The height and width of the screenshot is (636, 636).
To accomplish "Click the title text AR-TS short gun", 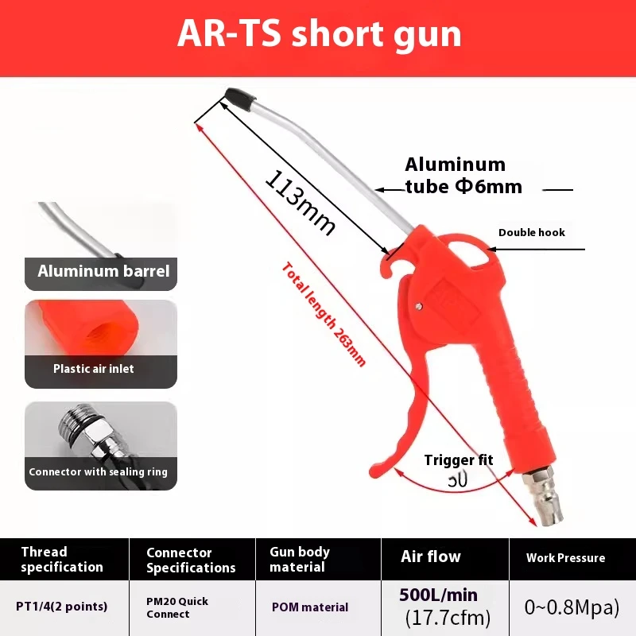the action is (319, 34).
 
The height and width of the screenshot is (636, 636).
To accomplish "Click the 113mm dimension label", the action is (300, 202).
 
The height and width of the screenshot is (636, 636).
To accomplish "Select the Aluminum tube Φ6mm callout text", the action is (463, 176).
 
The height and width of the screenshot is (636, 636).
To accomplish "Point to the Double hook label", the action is (531, 232).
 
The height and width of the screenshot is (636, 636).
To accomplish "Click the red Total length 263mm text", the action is (324, 313).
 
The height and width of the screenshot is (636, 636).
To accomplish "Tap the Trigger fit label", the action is (458, 460).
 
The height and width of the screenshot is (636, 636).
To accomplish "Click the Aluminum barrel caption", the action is (103, 271).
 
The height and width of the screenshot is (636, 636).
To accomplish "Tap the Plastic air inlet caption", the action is (93, 368).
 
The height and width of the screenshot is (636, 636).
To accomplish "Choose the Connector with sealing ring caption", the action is (98, 471).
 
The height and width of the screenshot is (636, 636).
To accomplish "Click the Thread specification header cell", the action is (62, 560).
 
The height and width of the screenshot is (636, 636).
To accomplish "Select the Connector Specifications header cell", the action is (191, 560).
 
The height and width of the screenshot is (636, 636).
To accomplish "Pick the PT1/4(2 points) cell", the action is (62, 606).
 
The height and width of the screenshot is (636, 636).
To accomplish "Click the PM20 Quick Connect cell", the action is (177, 607).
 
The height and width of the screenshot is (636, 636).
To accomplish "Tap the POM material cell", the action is (310, 607).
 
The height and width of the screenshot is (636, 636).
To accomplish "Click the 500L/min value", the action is (439, 595).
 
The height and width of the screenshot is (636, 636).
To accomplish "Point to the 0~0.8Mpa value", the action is (572, 607).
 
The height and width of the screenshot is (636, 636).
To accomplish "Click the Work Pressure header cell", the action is (565, 558).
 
